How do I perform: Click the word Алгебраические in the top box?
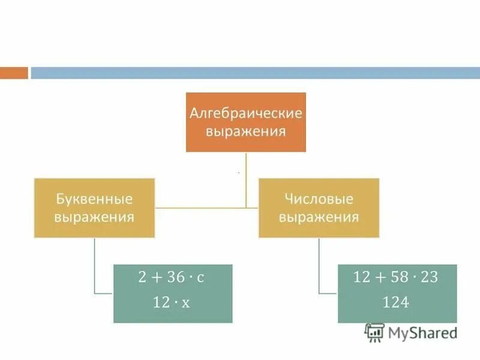click(246, 113)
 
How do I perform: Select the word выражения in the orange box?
click(246, 130)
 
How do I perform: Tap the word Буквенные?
click(94, 199)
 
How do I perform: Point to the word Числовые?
click(319, 199)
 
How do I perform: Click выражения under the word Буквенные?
click(94, 216)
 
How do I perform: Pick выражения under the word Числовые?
click(319, 216)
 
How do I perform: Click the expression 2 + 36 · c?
click(172, 277)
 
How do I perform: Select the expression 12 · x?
click(172, 303)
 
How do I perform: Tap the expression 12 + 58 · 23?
click(396, 277)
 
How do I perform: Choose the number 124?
click(396, 303)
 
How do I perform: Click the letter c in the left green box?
click(200, 278)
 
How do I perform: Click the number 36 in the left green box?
click(176, 277)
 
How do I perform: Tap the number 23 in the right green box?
click(430, 277)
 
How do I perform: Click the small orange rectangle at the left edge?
click(14, 73)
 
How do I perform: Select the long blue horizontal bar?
click(255, 73)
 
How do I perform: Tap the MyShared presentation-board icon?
click(375, 332)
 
